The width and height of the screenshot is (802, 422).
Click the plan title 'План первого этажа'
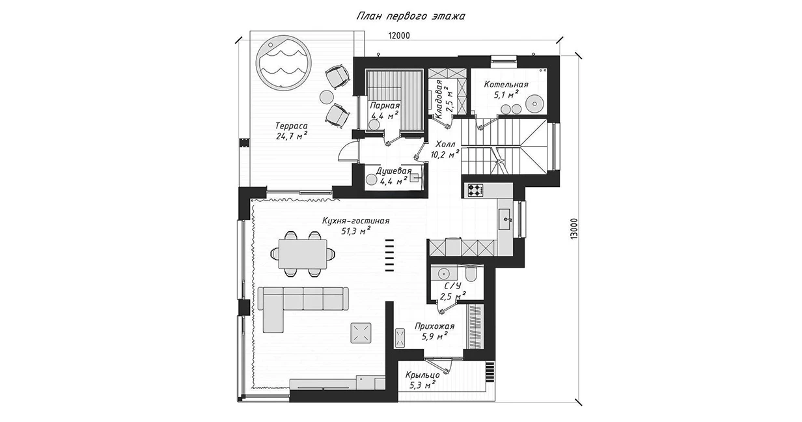pyautogui.click(x=410, y=16)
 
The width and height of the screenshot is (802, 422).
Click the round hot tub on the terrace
pyautogui.click(x=283, y=64)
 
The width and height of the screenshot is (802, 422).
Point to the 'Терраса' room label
pyautogui.click(x=291, y=126)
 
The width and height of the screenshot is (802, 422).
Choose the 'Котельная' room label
pyautogui.click(x=506, y=85)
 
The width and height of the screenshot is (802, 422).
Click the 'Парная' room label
pyautogui.click(x=384, y=105)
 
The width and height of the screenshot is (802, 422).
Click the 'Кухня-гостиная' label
pyautogui.click(x=355, y=221)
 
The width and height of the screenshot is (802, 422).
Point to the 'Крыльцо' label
pyautogui.click(x=422, y=375)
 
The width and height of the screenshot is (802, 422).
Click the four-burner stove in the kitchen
pyautogui.click(x=477, y=190)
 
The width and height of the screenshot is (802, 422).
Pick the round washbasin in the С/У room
pyautogui.click(x=445, y=272)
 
